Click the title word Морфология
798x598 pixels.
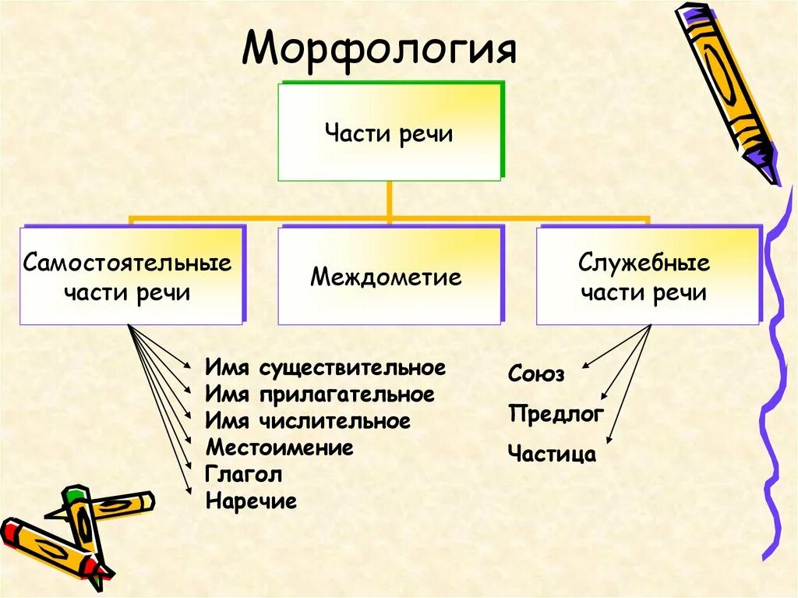[380, 48]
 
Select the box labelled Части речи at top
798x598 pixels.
[389, 133]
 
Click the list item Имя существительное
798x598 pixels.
[326, 368]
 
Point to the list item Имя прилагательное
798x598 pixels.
[320, 395]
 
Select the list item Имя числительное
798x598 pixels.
[308, 422]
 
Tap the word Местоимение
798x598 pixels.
[280, 448]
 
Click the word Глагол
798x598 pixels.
[244, 474]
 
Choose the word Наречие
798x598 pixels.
[252, 501]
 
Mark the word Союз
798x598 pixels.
[536, 374]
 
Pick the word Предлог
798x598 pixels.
[556, 414]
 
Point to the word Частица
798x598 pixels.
[552, 454]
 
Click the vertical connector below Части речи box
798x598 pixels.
[389, 198]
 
